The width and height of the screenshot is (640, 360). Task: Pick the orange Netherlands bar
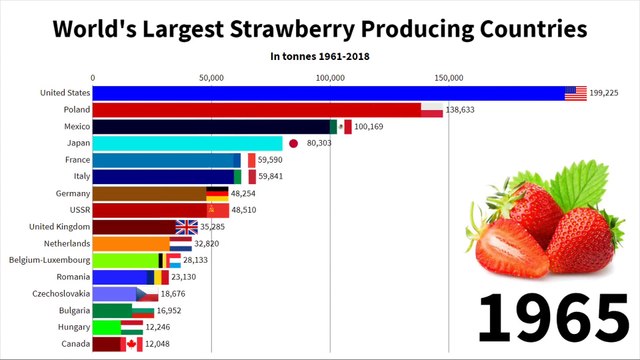(131, 243)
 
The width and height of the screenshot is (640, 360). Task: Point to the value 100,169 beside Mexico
(375, 127)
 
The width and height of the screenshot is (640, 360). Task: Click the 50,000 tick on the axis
(211, 77)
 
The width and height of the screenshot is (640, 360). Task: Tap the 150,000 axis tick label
(449, 77)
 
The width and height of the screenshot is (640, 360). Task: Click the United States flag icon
(575, 93)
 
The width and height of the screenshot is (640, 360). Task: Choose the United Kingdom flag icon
(187, 226)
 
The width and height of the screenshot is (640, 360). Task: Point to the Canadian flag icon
(131, 343)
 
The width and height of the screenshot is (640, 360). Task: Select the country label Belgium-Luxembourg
(49, 260)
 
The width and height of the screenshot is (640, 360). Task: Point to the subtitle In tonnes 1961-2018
(320, 56)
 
